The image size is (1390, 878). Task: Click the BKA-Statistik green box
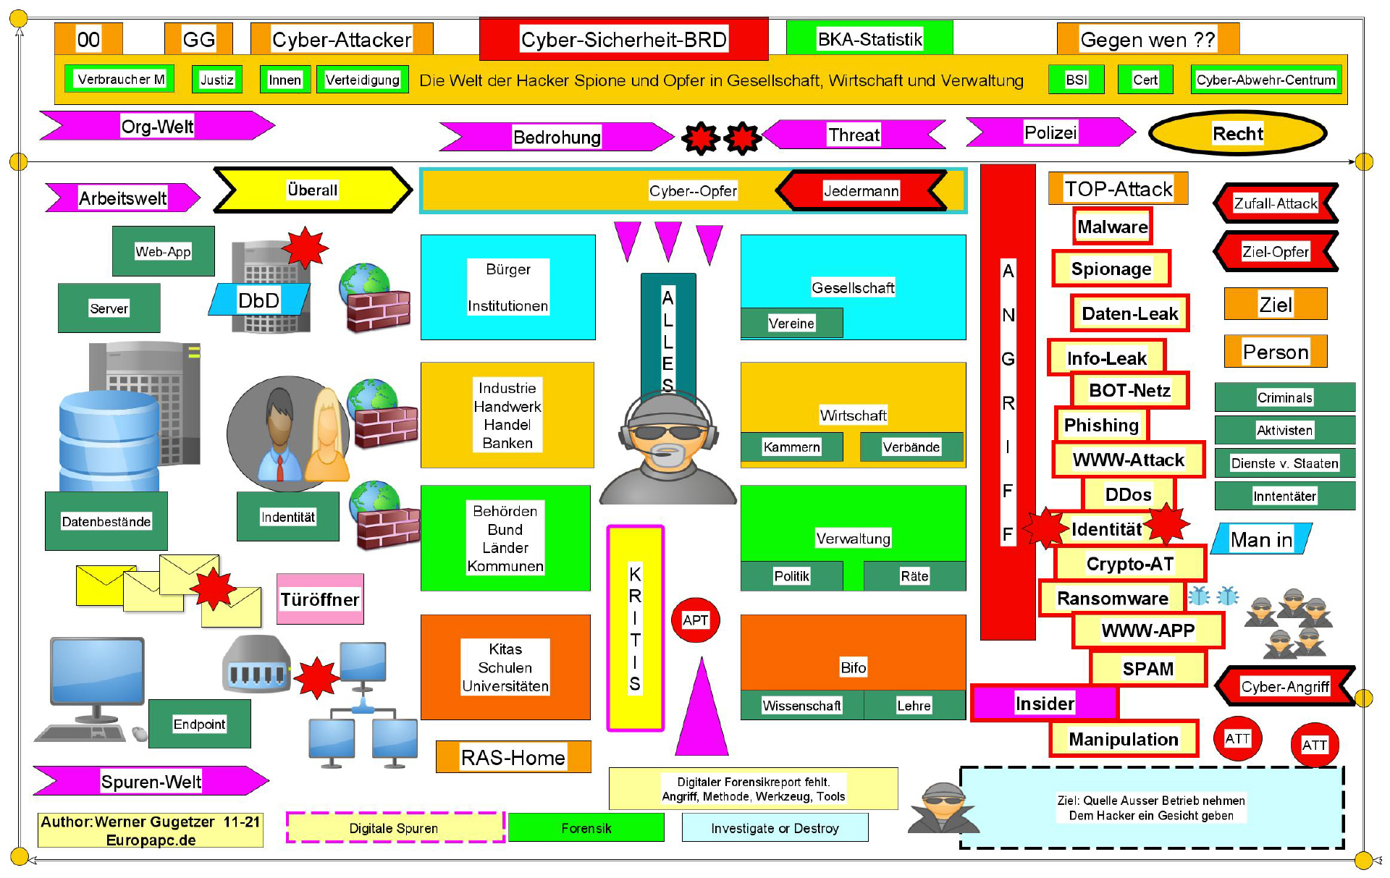pos(869,38)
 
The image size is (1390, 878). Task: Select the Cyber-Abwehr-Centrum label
pos(1265,80)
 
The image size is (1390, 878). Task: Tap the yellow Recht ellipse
pos(1237,133)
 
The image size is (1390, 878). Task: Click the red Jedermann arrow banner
pos(861,190)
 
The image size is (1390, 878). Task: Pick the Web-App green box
pos(163,251)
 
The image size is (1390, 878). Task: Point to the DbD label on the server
pos(258,300)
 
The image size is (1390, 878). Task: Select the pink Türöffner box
pos(320,599)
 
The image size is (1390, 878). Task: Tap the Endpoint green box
pos(199,724)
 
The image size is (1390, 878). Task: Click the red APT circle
pos(695,620)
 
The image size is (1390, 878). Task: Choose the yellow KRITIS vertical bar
pos(635,628)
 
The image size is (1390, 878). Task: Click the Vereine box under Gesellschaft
pos(791,323)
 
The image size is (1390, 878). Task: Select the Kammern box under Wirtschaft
pos(791,447)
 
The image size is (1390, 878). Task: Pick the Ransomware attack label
pos(1112,598)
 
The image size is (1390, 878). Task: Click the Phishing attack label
pos(1101,425)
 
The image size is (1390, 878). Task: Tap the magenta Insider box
pos(1044,703)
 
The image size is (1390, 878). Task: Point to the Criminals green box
pos(1284,397)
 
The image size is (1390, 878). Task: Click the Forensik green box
pos(586,828)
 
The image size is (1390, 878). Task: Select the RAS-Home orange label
pos(513,757)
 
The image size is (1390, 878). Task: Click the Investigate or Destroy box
pos(775,828)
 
